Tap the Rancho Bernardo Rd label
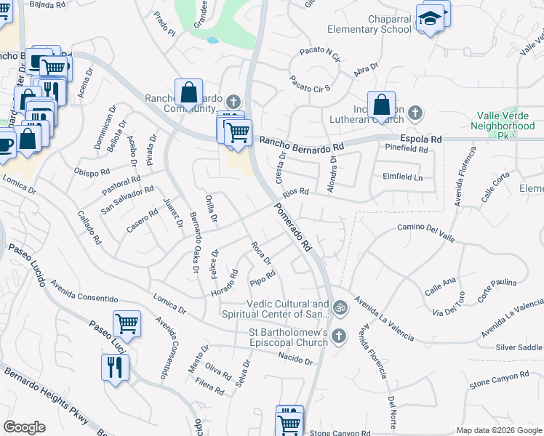click(300, 144)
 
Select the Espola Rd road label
click(420, 138)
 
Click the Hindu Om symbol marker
click(340, 310)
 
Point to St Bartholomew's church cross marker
click(340, 336)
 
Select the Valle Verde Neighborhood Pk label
click(507, 121)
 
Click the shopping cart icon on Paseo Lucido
click(127, 323)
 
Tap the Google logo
click(24, 427)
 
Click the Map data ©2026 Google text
click(497, 429)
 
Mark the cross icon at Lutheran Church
click(415, 113)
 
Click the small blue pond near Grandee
click(212, 40)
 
